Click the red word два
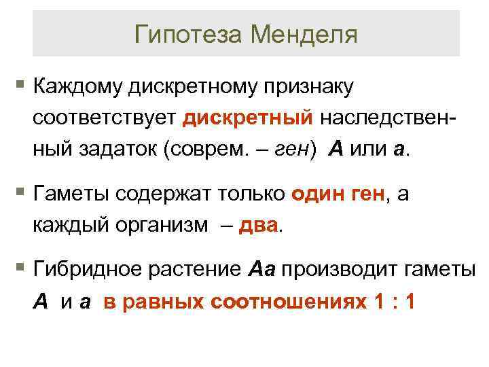click(259, 225)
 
